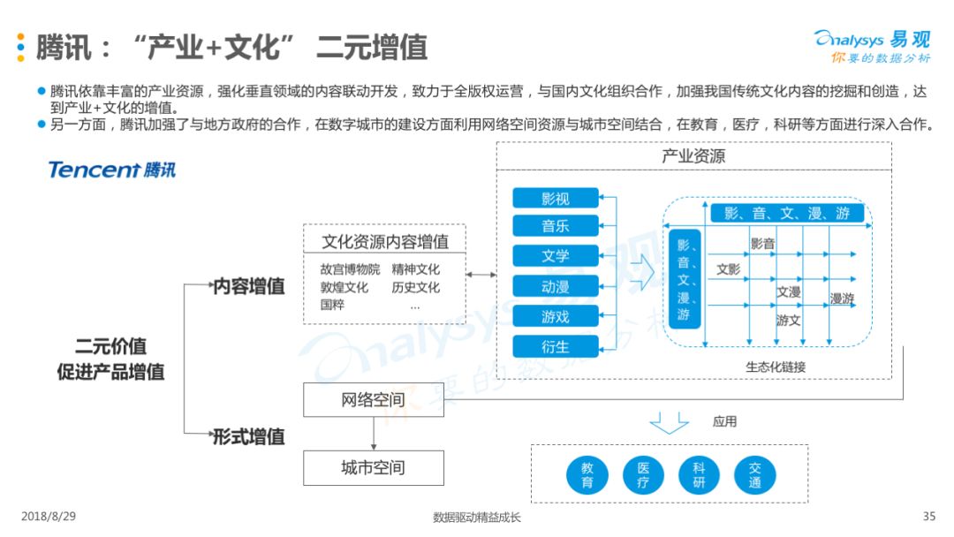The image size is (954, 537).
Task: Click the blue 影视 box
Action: click(x=556, y=198)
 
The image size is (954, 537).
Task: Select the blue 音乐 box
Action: click(x=556, y=226)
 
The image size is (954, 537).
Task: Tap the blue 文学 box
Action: click(x=556, y=256)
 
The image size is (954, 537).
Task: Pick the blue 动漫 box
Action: click(x=556, y=286)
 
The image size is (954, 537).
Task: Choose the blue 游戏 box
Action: click(x=556, y=316)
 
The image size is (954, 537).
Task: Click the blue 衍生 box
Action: click(x=556, y=346)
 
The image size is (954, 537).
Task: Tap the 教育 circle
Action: click(x=587, y=475)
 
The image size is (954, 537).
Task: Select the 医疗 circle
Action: click(x=643, y=475)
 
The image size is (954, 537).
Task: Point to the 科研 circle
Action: click(x=699, y=475)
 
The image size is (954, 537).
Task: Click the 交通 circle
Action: click(x=755, y=475)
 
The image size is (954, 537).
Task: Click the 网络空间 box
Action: click(x=374, y=399)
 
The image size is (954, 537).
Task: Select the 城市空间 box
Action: click(x=374, y=468)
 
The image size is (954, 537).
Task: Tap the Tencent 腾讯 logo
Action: click(x=112, y=170)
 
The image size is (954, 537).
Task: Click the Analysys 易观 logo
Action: click(x=873, y=46)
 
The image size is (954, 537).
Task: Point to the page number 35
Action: click(x=929, y=517)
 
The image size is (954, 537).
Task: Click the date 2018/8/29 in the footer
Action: click(x=49, y=517)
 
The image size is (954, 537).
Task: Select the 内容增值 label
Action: click(x=249, y=286)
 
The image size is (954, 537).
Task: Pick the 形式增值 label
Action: click(x=249, y=436)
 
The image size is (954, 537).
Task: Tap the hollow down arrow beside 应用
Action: click(x=670, y=423)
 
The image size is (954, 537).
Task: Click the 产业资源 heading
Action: click(x=693, y=156)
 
